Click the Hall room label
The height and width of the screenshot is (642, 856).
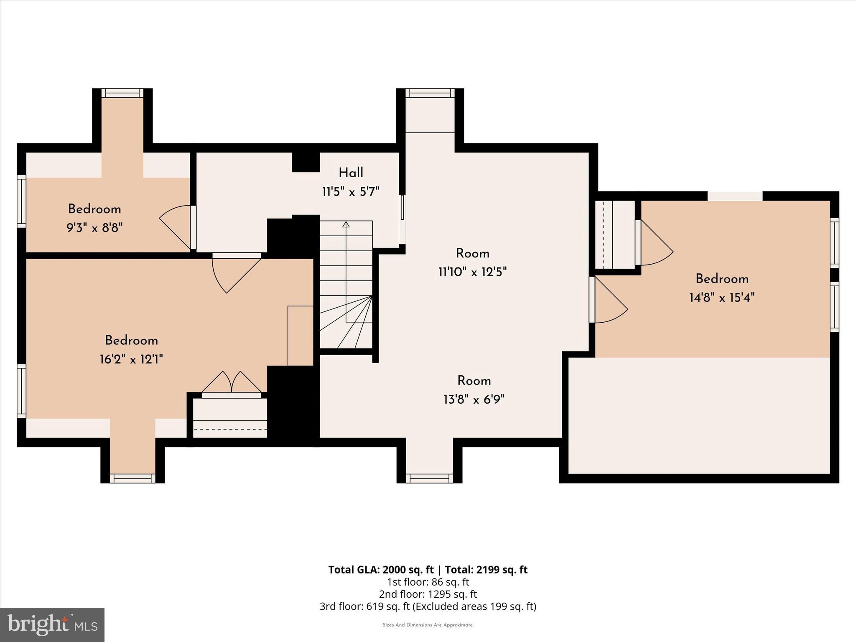pos(351,173)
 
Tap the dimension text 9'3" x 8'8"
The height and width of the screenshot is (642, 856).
pos(94,228)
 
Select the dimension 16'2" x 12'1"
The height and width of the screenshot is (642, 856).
pos(131,359)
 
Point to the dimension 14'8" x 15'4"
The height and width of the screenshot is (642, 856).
pos(722,298)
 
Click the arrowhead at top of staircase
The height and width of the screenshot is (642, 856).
pos(346,224)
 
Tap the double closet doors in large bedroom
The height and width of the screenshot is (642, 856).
pos(232,383)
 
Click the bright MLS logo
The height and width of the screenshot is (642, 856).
pos(52,625)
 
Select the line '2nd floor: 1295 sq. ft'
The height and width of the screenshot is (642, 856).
pos(428,594)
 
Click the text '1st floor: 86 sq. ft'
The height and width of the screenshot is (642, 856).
pos(428,582)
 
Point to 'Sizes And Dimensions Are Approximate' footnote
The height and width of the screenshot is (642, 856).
pos(428,625)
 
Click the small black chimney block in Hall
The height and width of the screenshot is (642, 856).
pos(306,162)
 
